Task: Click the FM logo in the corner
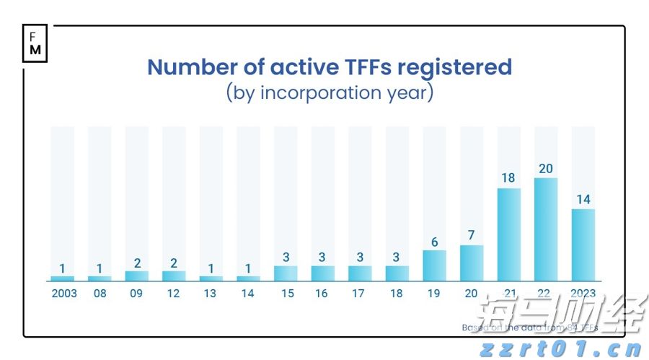[35, 44]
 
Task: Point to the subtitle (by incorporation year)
[330, 93]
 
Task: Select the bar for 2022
[546, 229]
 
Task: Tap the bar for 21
[509, 234]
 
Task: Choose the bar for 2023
[583, 245]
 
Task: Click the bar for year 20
[472, 263]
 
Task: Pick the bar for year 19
[434, 265]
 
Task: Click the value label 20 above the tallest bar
[546, 168]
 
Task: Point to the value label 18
[509, 178]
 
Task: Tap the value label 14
[583, 199]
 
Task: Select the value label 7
[472, 235]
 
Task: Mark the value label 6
[434, 242]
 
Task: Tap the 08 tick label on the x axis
[100, 294]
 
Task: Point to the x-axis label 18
[397, 294]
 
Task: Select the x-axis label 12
[174, 294]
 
